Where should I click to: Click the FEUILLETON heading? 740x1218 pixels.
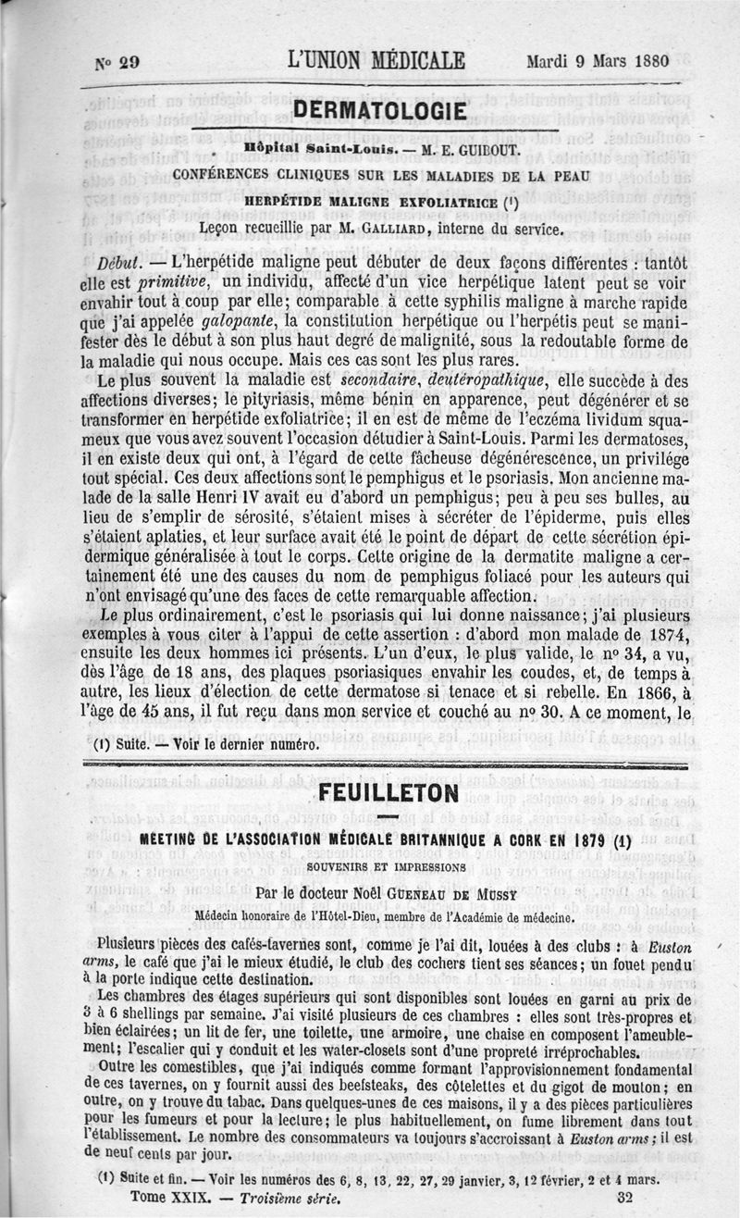388,793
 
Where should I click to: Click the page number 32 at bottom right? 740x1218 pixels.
623,1196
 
